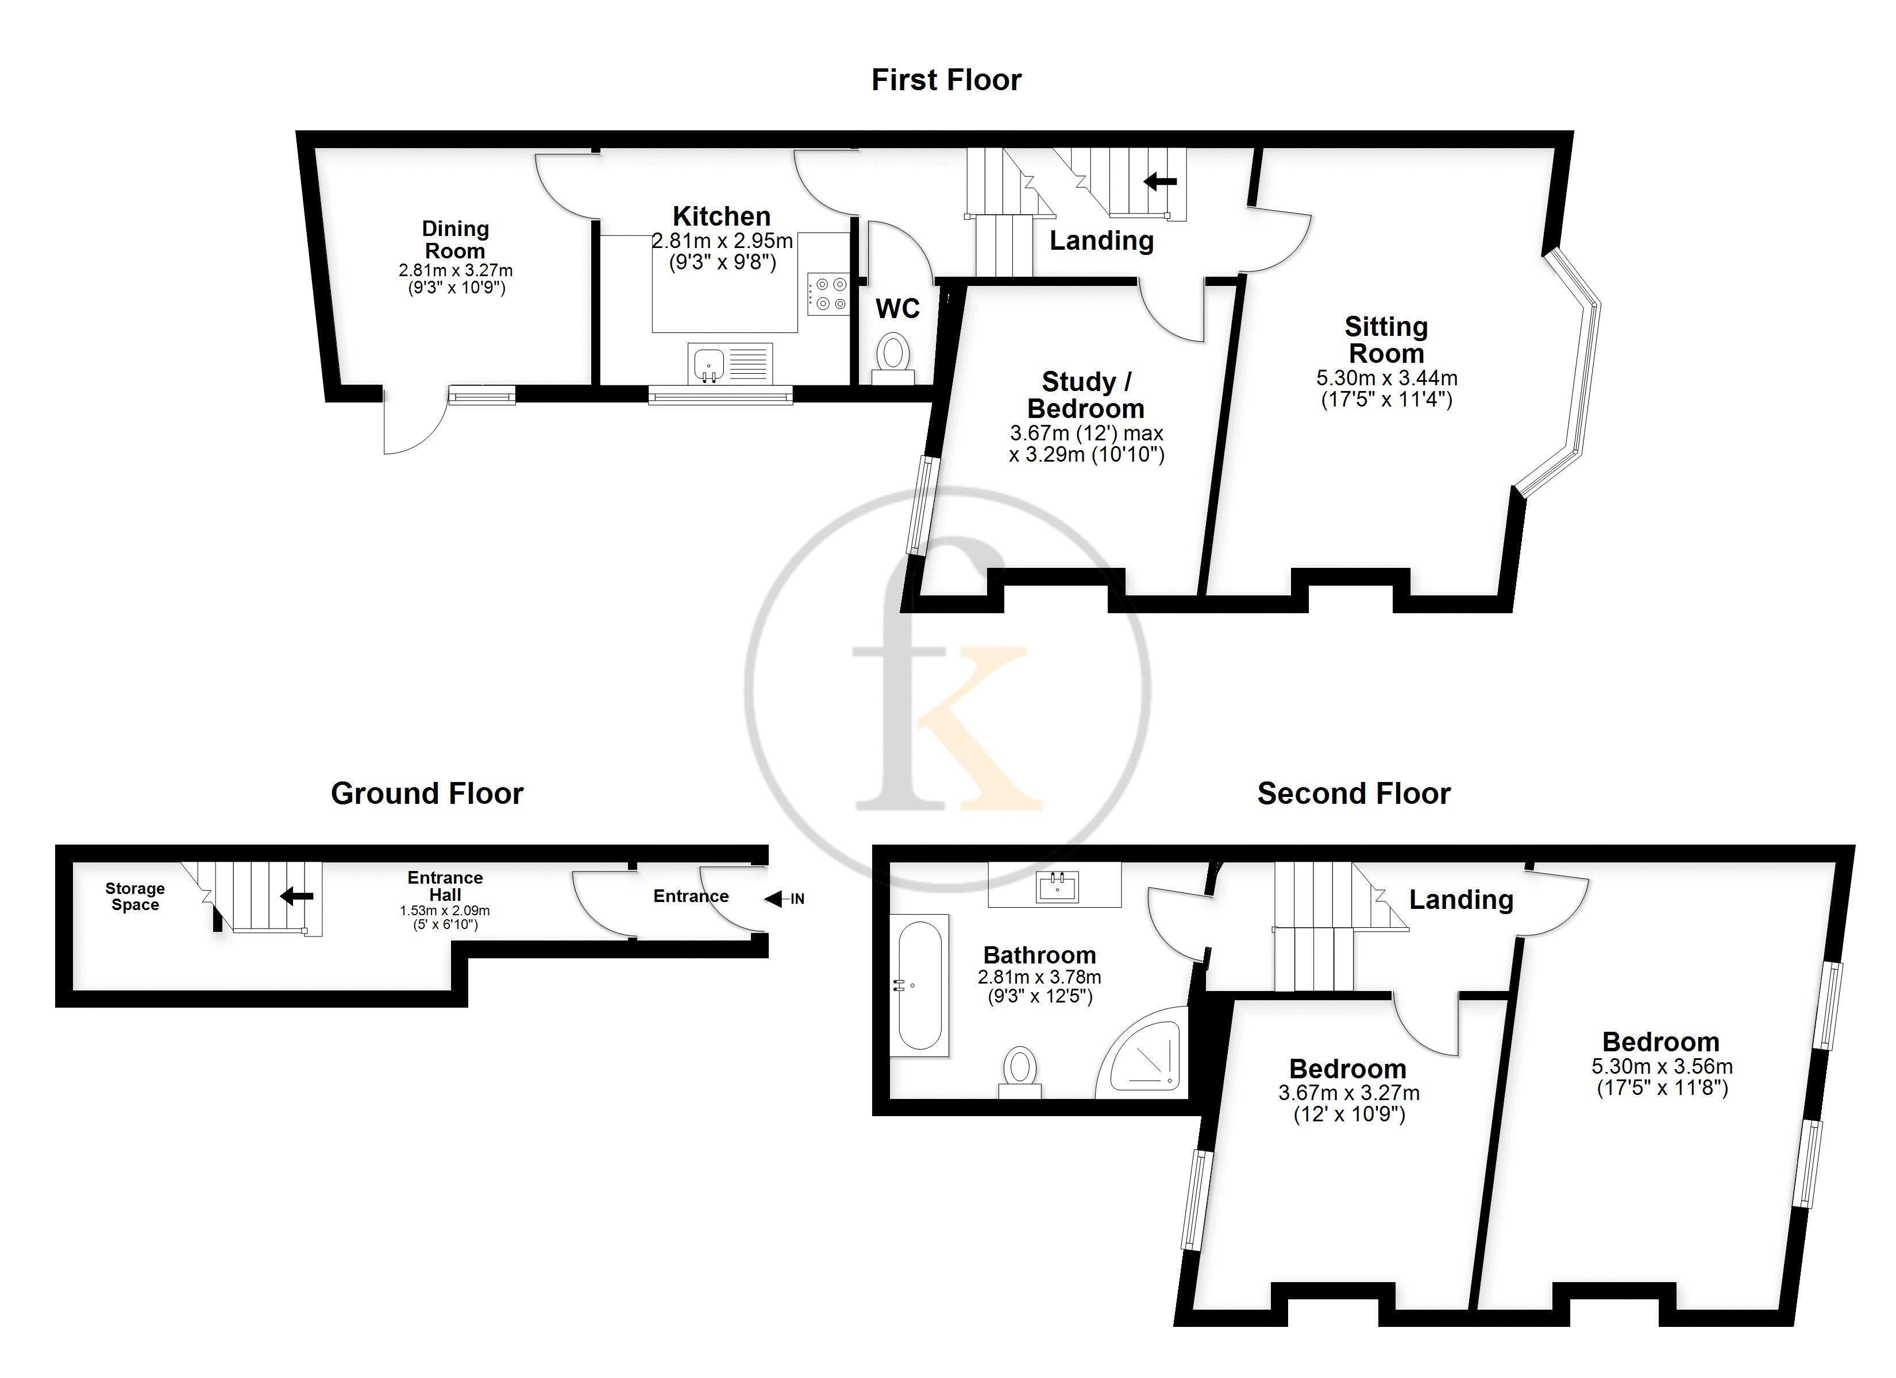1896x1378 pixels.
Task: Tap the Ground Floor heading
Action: (x=427, y=793)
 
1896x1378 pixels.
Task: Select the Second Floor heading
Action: (x=1354, y=793)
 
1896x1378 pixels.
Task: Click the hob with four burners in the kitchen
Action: (x=827, y=294)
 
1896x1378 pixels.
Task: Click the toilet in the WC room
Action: (x=893, y=358)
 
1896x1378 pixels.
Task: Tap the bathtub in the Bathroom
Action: (x=919, y=985)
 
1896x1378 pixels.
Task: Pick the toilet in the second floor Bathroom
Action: (x=1020, y=1072)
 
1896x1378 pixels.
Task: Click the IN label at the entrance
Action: (x=797, y=899)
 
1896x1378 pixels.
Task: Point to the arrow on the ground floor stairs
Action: (x=297, y=897)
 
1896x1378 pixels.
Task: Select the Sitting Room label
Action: (x=1386, y=339)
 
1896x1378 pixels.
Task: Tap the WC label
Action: (x=898, y=309)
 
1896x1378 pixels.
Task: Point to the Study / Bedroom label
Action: (x=1086, y=395)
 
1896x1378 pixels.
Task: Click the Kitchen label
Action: (x=722, y=216)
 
